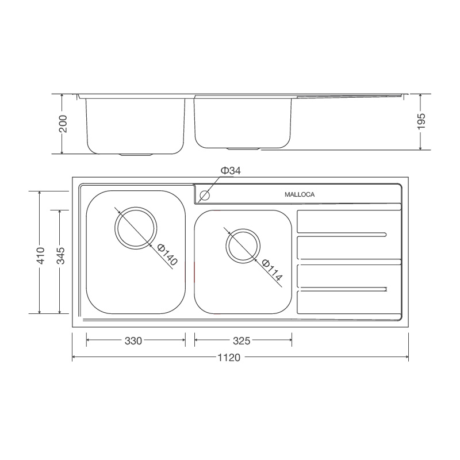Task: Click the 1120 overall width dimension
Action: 229,358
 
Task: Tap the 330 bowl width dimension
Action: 133,341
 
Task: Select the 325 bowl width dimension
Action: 241,341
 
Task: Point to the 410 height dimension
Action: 40,255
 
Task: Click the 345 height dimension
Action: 60,255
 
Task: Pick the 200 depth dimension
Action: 63,124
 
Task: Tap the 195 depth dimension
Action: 421,121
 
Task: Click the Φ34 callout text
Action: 231,170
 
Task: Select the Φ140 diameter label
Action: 167,255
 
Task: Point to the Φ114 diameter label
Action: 272,270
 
